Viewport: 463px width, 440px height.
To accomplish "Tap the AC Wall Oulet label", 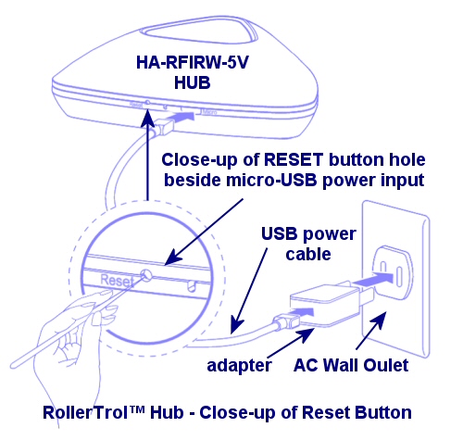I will point(353,365).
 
